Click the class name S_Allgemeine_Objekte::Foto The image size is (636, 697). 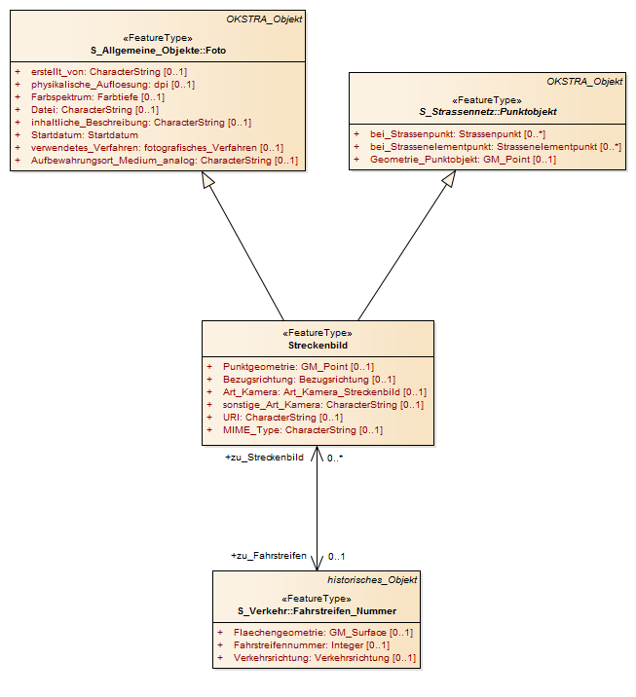(x=159, y=51)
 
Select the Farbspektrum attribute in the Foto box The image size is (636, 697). (x=97, y=97)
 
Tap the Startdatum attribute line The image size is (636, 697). (x=85, y=134)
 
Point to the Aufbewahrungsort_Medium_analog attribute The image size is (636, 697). (x=165, y=160)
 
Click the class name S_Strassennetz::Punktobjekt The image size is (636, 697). (x=488, y=112)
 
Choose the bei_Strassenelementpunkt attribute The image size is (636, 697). (x=496, y=147)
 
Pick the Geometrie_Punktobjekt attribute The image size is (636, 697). (x=463, y=159)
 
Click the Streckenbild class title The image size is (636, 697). (x=318, y=346)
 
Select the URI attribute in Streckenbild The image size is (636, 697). (x=282, y=418)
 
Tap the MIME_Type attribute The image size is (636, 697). (x=303, y=430)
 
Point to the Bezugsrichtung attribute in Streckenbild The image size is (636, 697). (x=309, y=380)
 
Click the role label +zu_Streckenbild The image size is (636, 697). (x=265, y=458)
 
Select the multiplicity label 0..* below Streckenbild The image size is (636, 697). (x=335, y=458)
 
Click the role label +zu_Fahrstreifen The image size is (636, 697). (x=269, y=556)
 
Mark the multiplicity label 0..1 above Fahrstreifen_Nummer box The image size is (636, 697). (x=336, y=556)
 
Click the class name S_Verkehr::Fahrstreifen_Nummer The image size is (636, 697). (x=317, y=611)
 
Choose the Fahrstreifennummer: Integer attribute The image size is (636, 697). (x=312, y=645)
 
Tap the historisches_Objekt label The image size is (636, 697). (x=372, y=579)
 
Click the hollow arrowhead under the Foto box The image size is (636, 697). (x=207, y=179)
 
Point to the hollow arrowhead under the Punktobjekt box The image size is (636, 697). (x=449, y=179)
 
